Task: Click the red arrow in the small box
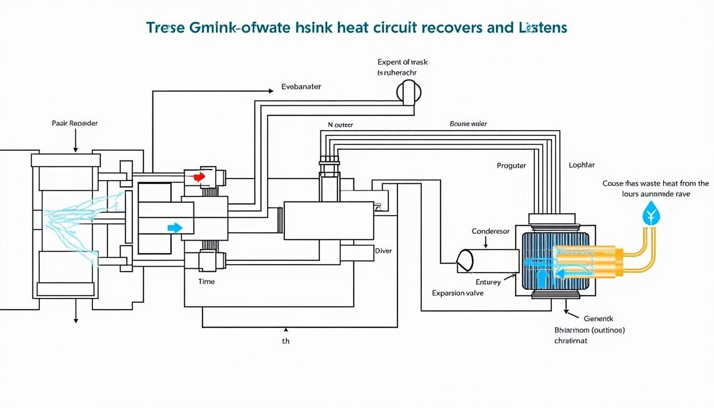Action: [x=199, y=177]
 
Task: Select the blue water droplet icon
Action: [x=649, y=215]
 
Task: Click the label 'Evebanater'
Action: [x=301, y=87]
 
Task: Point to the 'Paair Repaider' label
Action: [x=75, y=123]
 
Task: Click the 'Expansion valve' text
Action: [x=457, y=293]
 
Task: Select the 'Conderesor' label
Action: [x=490, y=231]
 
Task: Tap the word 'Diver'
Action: [x=383, y=251]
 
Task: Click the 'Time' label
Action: [x=206, y=282]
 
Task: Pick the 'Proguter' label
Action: [x=511, y=166]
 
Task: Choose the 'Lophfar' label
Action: [x=581, y=165]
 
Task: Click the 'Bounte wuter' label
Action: [x=468, y=124]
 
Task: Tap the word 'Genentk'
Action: [x=598, y=319]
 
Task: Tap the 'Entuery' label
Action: [x=488, y=282]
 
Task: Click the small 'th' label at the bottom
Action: [x=286, y=341]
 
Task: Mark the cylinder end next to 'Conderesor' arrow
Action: [x=465, y=261]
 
